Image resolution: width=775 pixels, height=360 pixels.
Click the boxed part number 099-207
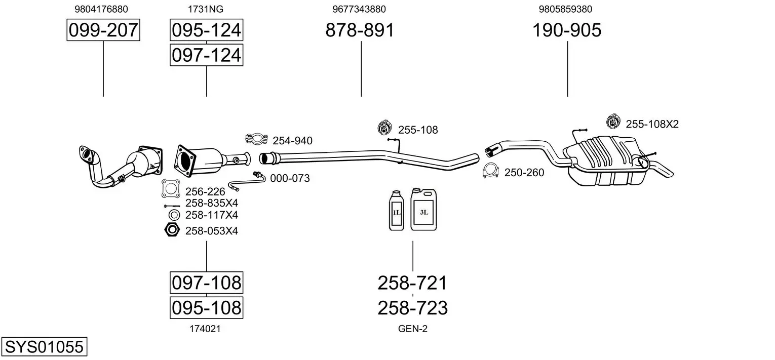[x=103, y=30]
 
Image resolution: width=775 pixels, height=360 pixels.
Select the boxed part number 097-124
[x=206, y=55]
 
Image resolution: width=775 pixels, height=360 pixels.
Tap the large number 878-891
[x=360, y=30]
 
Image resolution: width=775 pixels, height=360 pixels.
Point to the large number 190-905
[x=567, y=30]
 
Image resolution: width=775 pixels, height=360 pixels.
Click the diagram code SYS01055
[x=44, y=346]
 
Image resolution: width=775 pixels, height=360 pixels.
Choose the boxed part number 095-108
[x=206, y=307]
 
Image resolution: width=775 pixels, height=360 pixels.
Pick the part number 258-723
[x=412, y=308]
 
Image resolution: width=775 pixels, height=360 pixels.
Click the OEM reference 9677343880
[x=359, y=9]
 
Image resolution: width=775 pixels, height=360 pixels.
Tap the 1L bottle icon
[x=396, y=210]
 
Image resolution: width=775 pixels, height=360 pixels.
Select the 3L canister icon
[x=423, y=210]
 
